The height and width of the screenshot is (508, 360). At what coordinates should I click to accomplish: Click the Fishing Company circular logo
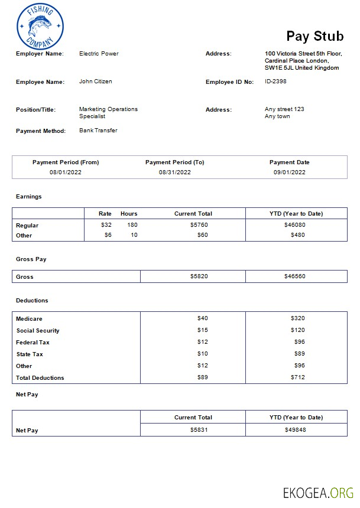40,27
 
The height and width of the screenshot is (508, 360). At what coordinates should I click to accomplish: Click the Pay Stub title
314,36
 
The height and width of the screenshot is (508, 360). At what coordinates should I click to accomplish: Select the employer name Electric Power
99,54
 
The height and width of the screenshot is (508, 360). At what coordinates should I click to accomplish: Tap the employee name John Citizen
95,82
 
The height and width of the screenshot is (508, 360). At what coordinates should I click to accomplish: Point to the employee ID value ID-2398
275,82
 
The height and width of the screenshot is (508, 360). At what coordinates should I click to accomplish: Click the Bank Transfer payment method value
98,131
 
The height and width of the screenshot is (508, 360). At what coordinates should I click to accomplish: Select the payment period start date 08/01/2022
65,172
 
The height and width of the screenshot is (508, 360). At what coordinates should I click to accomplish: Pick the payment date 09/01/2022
289,172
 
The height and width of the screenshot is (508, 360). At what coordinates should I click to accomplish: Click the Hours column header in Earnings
129,214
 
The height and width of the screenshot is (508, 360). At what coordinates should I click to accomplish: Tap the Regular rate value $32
106,225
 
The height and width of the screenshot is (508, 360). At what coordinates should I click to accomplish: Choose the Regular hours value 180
132,225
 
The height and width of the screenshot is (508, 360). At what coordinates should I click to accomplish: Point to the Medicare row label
29,319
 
